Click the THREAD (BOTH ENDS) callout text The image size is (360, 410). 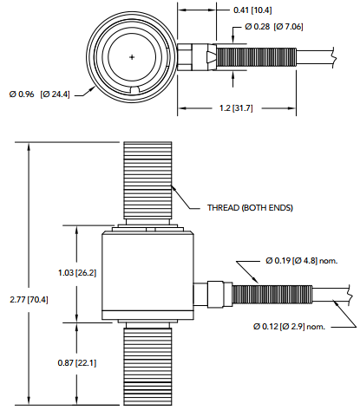coord(250,208)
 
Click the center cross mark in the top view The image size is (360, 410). coord(132,57)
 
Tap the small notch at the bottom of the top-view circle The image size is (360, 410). coord(132,93)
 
